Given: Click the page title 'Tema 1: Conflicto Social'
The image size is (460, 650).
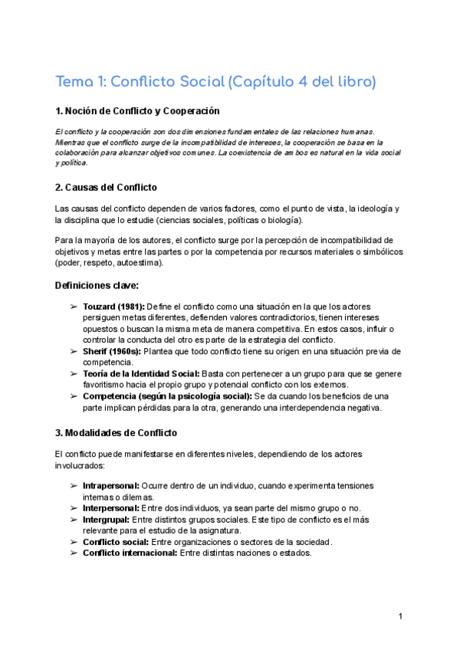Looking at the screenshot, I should (x=142, y=82).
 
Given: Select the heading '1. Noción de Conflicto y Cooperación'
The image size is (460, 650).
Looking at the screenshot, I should (x=137, y=112).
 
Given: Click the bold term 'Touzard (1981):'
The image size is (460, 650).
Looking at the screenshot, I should (x=113, y=307).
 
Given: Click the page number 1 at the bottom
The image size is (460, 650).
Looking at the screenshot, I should (x=400, y=616).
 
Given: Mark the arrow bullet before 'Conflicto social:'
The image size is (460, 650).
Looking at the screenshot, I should (x=74, y=542).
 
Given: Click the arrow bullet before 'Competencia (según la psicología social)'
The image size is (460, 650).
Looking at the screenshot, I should (x=74, y=396).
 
